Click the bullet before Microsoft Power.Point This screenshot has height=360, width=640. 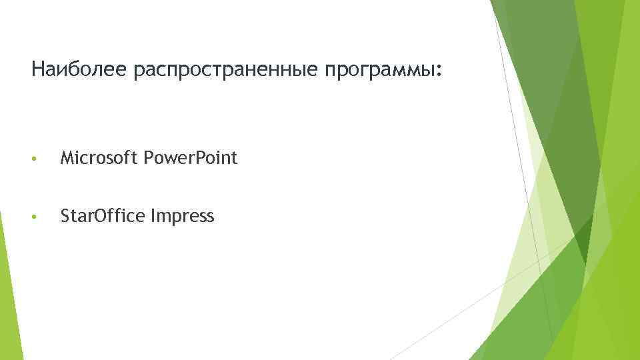[34, 159]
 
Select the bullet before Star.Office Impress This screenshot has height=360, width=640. [34, 217]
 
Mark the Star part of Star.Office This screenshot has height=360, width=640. [73, 216]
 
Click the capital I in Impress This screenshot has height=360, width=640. [155, 216]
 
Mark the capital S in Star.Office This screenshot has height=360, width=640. [65, 216]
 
